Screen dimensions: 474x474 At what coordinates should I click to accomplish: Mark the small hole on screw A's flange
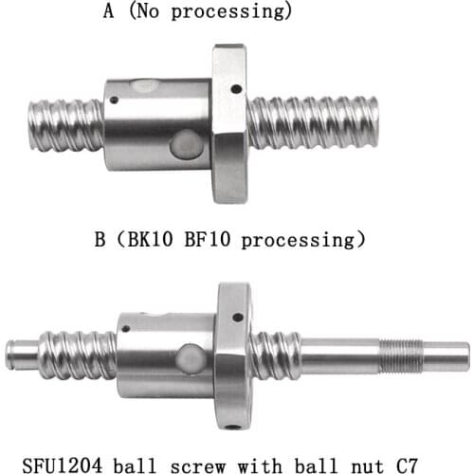(x=235, y=89)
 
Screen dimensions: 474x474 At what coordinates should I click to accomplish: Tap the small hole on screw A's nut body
(x=116, y=100)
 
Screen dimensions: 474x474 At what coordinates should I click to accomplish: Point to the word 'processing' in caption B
(x=302, y=240)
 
